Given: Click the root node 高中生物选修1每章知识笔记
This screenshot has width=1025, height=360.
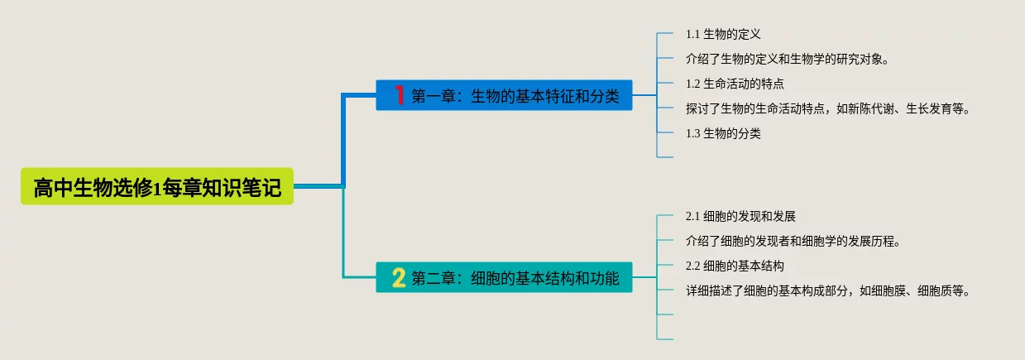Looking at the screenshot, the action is [x=157, y=188].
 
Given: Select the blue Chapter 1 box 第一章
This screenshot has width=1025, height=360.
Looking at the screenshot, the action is [x=504, y=95].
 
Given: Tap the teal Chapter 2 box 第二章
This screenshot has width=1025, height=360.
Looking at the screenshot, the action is [x=504, y=278].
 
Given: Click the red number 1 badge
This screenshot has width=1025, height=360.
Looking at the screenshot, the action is [x=399, y=95].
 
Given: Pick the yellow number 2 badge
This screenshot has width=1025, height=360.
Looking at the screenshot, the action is [x=399, y=278].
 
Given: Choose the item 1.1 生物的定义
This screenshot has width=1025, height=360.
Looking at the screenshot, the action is [x=723, y=35].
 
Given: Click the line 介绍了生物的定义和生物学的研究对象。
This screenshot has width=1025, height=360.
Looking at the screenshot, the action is [x=787, y=60].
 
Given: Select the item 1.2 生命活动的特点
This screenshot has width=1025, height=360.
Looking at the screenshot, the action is [x=735, y=84].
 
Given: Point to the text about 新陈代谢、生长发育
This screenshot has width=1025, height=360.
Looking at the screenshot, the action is [x=827, y=108].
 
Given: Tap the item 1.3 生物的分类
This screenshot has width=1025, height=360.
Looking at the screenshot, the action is [x=723, y=133].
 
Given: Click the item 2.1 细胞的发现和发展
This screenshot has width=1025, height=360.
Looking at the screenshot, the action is [x=740, y=217].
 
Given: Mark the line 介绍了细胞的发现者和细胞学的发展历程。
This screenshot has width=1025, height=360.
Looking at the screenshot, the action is [x=793, y=242].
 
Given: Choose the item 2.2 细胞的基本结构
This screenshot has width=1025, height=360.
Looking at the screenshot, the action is [x=735, y=266].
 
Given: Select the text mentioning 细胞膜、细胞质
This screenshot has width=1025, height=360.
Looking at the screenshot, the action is [x=827, y=290].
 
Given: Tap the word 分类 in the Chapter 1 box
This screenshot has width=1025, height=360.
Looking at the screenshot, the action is [x=606, y=95].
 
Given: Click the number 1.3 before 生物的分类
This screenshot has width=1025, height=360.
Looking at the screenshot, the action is [x=693, y=133].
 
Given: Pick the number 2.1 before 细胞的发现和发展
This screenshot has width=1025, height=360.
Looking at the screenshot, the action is [x=693, y=217].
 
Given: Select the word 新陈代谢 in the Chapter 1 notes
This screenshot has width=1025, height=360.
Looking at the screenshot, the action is [x=872, y=108].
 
